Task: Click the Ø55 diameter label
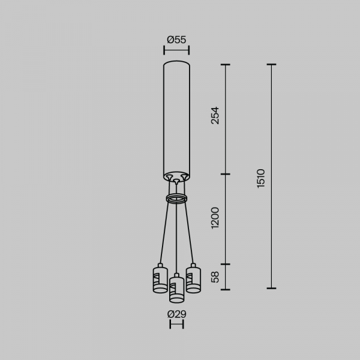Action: pos(176,40)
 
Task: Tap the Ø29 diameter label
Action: pos(176,314)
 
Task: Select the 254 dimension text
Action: pos(215,116)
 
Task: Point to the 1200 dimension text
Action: pos(215,218)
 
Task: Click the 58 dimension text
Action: pos(215,277)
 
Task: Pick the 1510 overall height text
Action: pos(260,178)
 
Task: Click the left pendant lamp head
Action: pos(160,278)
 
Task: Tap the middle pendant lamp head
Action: pos(176,289)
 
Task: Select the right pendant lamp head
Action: pos(193,278)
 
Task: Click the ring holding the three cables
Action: pos(176,199)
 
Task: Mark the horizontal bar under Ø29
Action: pos(176,325)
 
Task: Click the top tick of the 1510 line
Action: pos(271,64)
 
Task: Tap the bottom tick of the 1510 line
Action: pos(271,288)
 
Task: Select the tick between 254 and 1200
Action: pos(226,175)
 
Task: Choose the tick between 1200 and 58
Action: pos(226,263)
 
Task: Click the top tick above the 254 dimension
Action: pos(226,64)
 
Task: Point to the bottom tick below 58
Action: pos(226,289)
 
